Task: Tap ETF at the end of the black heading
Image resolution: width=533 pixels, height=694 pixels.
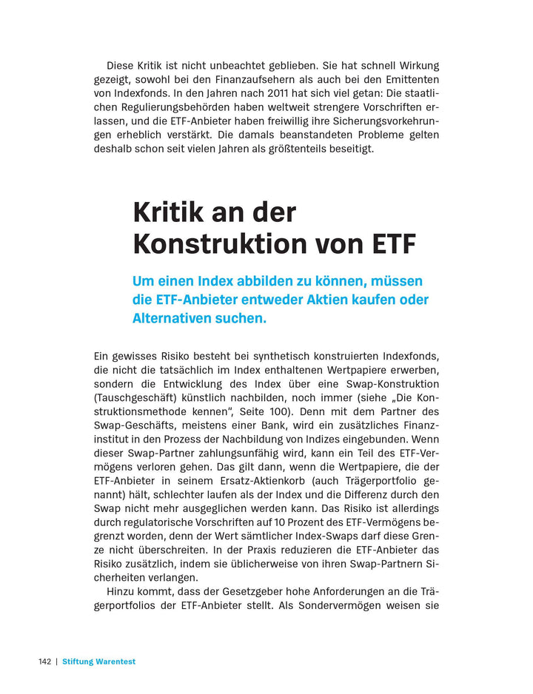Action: tap(394, 243)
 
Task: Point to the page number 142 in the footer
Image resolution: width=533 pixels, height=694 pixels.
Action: tap(45, 661)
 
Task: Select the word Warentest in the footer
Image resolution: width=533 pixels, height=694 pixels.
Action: tap(114, 661)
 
